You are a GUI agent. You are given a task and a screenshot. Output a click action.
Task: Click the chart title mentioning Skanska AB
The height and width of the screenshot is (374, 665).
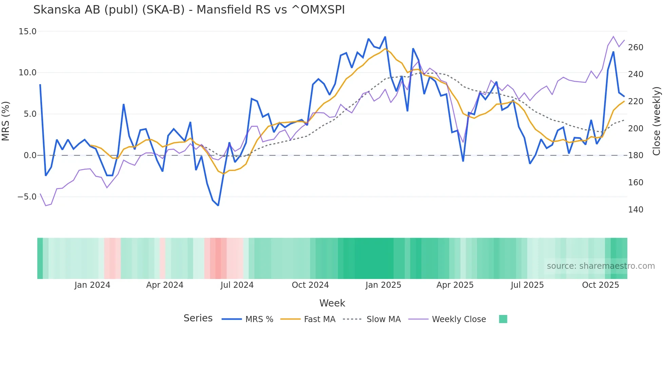coord(189,10)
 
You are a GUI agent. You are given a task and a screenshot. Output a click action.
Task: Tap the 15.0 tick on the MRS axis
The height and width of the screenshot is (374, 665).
coord(27,32)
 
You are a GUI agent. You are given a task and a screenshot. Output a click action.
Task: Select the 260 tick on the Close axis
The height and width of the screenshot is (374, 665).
coord(635,48)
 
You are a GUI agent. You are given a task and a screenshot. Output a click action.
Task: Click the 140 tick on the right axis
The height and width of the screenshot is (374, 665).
coord(635,210)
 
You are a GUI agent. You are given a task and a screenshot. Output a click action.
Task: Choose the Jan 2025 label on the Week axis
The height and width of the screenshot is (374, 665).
coord(383,285)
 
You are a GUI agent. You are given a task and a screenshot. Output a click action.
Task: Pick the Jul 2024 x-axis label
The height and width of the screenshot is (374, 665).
coord(237,285)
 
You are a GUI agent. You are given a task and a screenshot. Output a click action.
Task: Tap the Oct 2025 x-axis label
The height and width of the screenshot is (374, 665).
coord(600,285)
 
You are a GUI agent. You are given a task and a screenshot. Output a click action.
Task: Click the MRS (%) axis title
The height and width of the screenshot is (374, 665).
coord(6,121)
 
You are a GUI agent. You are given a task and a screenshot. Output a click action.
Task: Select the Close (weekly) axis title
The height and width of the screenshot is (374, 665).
coord(657,121)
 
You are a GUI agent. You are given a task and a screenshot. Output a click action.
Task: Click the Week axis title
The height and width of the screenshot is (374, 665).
coord(332,303)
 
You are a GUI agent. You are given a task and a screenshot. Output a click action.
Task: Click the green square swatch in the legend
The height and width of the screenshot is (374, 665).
coord(503,319)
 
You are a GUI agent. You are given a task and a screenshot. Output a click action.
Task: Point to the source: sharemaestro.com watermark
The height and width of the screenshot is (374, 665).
coord(601,266)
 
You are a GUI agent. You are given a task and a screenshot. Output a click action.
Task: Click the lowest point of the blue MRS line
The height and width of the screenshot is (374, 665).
coord(218,205)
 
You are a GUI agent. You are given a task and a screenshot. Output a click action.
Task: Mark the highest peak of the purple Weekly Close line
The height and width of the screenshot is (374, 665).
coord(613,36)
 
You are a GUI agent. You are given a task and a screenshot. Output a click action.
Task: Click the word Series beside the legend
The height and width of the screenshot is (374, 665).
coord(198,318)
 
